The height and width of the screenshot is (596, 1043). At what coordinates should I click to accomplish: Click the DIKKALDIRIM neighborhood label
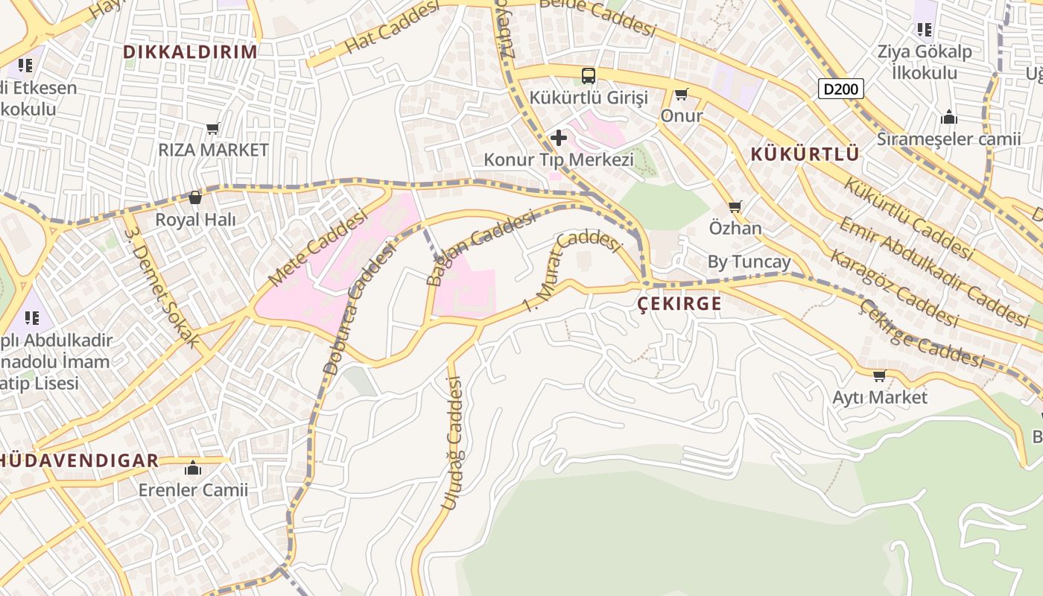[x=190, y=52]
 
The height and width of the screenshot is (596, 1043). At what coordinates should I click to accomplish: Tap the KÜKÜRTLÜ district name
[x=805, y=154]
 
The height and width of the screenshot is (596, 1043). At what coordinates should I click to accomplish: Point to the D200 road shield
[x=840, y=89]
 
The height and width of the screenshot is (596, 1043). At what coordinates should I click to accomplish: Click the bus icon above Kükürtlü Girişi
[x=589, y=75]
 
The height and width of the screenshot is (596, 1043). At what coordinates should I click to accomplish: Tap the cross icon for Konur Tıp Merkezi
[x=559, y=138]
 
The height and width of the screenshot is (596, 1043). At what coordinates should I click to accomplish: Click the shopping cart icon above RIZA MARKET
[x=213, y=129]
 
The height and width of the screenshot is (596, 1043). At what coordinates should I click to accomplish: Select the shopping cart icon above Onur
[x=681, y=95]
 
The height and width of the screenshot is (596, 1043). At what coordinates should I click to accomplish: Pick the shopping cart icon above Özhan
[x=735, y=206]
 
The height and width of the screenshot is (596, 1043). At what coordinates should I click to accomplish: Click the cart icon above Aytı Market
[x=879, y=375]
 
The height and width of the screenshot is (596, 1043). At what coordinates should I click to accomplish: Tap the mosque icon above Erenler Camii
[x=193, y=469]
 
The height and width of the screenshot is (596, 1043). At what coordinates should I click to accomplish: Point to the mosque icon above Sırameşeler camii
[x=948, y=118]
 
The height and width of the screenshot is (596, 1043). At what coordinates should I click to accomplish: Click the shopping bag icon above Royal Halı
[x=195, y=197]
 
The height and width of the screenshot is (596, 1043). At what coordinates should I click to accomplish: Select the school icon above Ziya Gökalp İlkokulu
[x=925, y=30]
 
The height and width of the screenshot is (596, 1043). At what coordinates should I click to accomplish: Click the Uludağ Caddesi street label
[x=452, y=444]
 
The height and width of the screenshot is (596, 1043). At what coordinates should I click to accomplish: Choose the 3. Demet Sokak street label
[x=162, y=286]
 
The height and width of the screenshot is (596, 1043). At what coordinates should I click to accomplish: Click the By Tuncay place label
[x=749, y=262]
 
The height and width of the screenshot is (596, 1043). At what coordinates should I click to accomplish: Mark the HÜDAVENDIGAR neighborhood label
[x=78, y=460]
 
